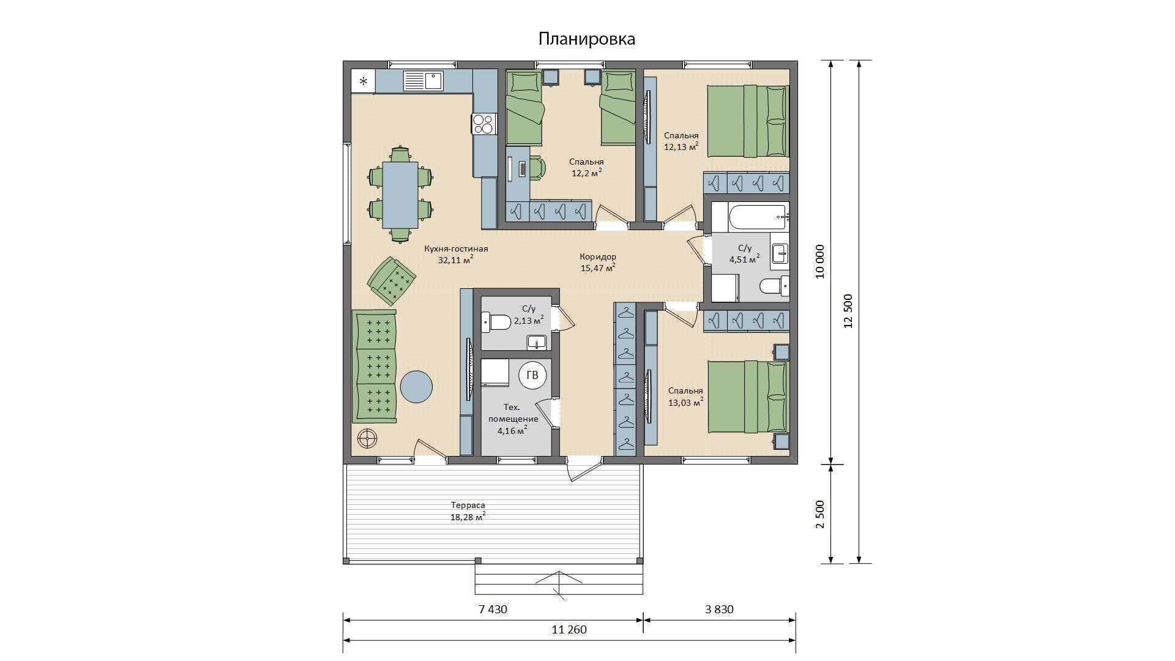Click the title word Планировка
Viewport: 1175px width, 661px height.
tap(587, 39)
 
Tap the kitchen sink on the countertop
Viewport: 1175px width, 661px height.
tap(423, 80)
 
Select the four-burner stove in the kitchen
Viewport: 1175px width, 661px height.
tap(483, 124)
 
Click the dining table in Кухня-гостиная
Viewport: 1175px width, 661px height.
tap(400, 195)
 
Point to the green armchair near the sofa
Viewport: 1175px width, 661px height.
tap(392, 281)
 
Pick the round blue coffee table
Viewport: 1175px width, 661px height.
tap(416, 387)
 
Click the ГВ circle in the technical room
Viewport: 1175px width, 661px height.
tap(532, 375)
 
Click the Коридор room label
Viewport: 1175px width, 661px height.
tap(598, 257)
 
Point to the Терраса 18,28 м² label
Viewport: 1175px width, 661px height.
tap(468, 511)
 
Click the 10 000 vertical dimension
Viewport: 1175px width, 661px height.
tap(820, 262)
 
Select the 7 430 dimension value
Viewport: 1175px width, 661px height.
tap(493, 610)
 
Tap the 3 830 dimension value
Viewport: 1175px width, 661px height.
tap(719, 610)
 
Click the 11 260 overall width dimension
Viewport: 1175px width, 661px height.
tap(569, 630)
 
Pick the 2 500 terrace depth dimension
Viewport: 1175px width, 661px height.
tap(820, 514)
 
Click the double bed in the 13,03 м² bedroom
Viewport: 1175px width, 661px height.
tap(748, 397)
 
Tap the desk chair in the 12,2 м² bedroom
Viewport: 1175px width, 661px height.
tap(537, 168)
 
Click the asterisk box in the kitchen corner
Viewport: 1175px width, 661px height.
tap(364, 81)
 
